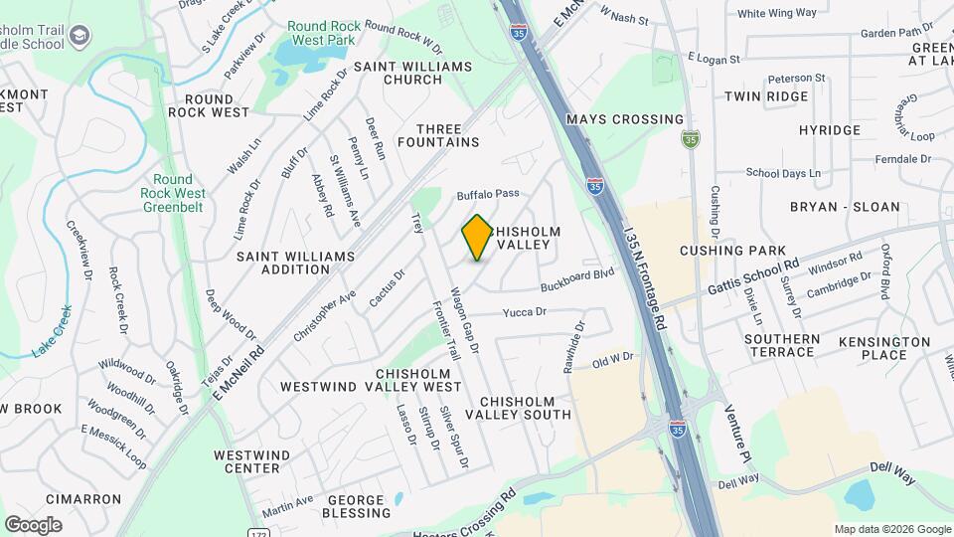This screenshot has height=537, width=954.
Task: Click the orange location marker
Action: pyautogui.click(x=477, y=238)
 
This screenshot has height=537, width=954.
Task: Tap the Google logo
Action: pyautogui.click(x=33, y=525)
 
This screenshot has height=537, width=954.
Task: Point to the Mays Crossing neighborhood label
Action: pyautogui.click(x=625, y=119)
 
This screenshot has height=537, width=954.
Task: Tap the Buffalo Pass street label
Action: pyautogui.click(x=488, y=194)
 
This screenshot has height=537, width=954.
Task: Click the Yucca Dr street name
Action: pyautogui.click(x=525, y=312)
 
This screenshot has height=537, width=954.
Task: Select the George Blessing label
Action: pyautogui.click(x=356, y=506)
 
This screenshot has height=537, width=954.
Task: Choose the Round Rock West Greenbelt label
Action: pyautogui.click(x=166, y=194)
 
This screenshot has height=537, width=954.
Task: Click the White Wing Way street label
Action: pyautogui.click(x=776, y=13)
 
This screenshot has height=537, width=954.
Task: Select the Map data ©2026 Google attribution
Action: pyautogui.click(x=891, y=529)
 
